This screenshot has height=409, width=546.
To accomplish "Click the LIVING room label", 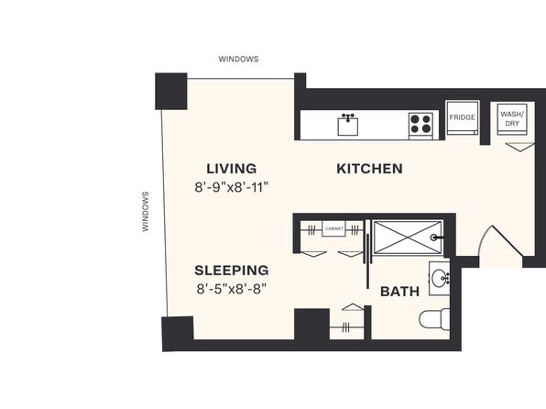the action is (x=232, y=169).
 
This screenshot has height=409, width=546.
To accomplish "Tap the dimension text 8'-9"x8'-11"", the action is (x=232, y=188).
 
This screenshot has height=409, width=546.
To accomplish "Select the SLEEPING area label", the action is (x=232, y=271).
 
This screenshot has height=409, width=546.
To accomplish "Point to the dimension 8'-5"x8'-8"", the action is (x=232, y=289).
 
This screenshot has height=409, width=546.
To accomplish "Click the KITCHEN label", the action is (x=369, y=169).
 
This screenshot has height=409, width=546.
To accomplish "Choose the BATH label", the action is (x=399, y=292).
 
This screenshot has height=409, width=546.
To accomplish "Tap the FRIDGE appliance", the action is (x=462, y=118).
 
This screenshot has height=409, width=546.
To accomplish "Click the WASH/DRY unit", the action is (x=512, y=119).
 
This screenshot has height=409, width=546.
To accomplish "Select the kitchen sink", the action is (x=348, y=125).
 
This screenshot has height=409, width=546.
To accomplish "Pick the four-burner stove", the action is (x=421, y=124).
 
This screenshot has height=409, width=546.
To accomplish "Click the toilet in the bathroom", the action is (x=434, y=318).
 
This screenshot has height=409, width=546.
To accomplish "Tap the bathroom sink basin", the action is (x=439, y=279).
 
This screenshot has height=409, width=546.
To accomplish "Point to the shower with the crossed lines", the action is (x=408, y=238).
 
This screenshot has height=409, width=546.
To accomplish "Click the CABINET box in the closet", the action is (x=333, y=229).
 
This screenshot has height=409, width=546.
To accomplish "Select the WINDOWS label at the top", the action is (x=238, y=59).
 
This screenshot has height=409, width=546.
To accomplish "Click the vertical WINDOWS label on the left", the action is (x=146, y=212).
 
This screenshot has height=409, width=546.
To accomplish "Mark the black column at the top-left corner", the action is (x=171, y=91).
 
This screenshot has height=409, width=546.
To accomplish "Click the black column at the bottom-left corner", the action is (x=178, y=333).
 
